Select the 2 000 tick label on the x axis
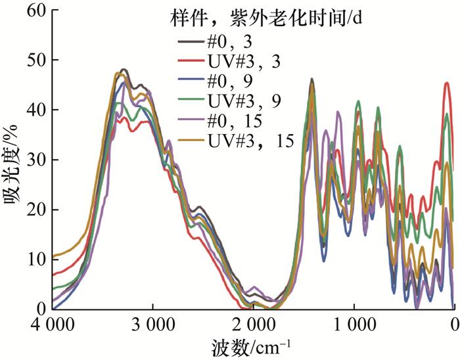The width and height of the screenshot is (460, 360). (x=253, y=325)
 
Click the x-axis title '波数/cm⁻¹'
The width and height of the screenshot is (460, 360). (x=252, y=346)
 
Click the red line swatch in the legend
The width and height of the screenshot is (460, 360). (x=190, y=61)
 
